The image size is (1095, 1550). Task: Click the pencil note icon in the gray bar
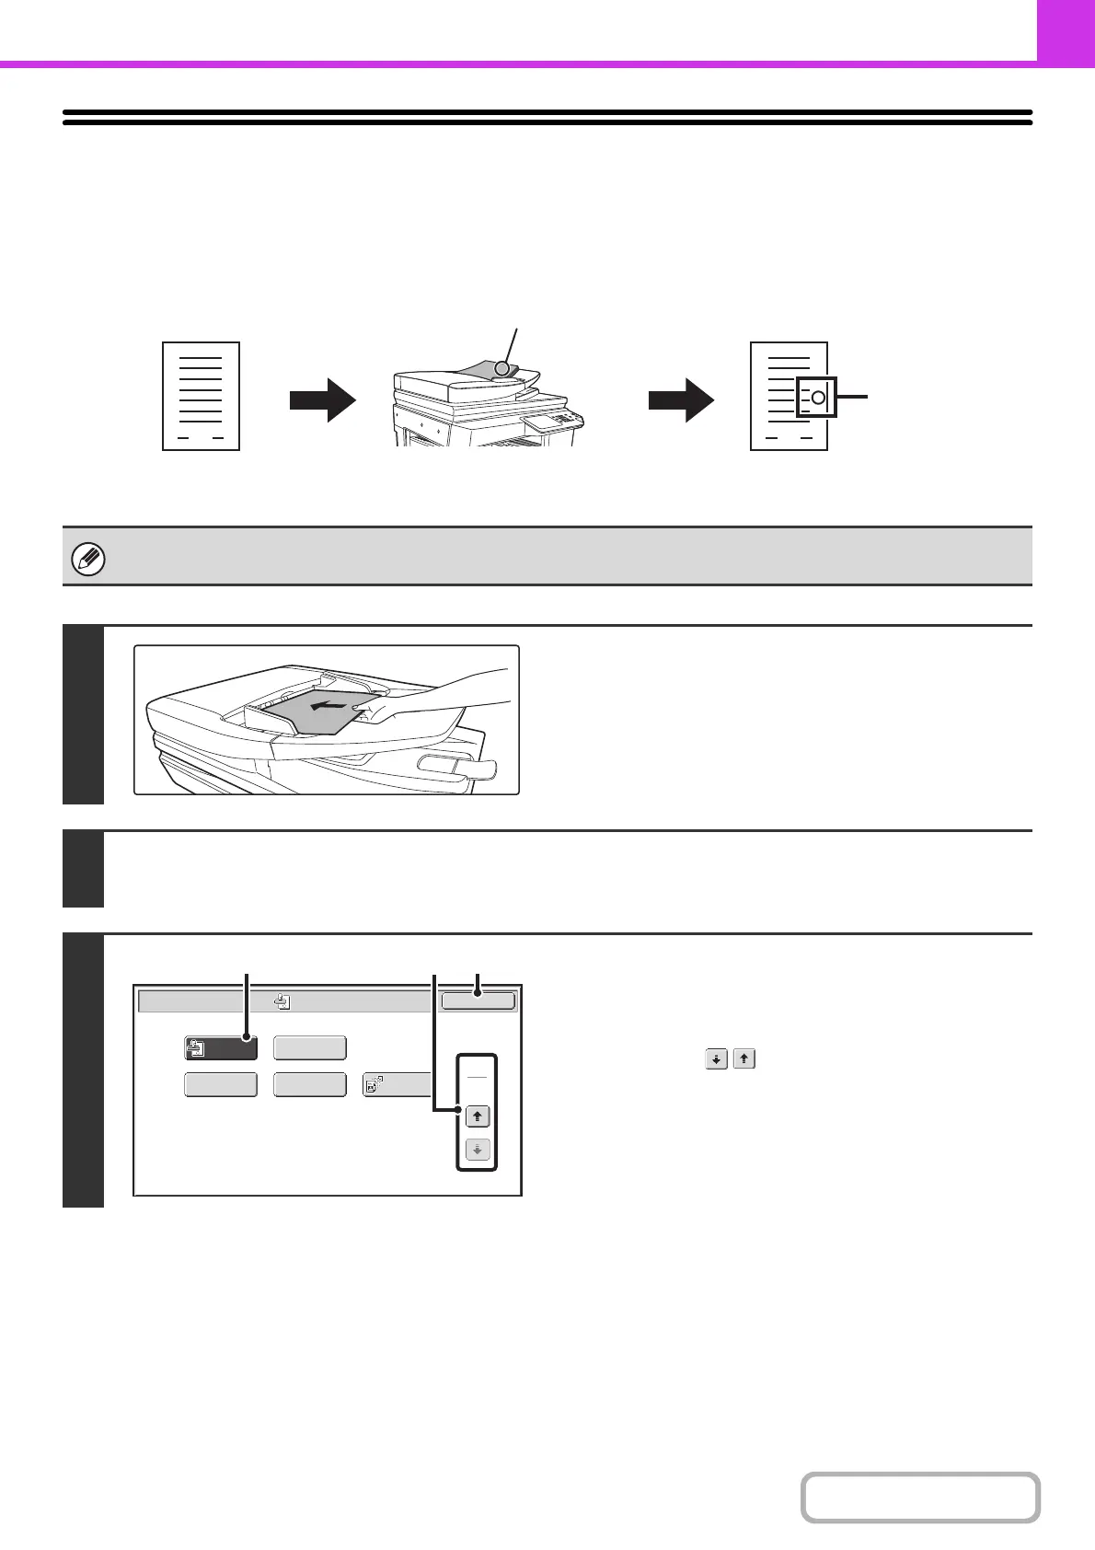pos(88,559)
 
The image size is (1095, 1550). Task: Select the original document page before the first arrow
pos(201,396)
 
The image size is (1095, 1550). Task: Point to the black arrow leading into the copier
pos(322,402)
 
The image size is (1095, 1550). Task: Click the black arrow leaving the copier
pos(681,402)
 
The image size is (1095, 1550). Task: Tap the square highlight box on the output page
pos(817,397)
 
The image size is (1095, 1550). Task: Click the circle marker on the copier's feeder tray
pos(501,368)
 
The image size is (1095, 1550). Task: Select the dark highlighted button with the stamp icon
pos(220,1047)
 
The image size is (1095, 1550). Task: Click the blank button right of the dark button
pos(310,1047)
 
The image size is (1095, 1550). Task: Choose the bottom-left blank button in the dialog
pos(220,1084)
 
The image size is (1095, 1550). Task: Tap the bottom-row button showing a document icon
pos(397,1084)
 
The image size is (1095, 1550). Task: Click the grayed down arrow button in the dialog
pos(477,1150)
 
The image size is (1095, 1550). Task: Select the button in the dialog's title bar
pos(478,1001)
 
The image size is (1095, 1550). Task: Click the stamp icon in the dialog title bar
pos(282,1001)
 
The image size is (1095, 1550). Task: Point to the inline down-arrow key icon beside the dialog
pos(716,1059)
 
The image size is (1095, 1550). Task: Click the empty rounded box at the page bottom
pos(920,1498)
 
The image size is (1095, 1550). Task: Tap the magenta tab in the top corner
pos(1066,30)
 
